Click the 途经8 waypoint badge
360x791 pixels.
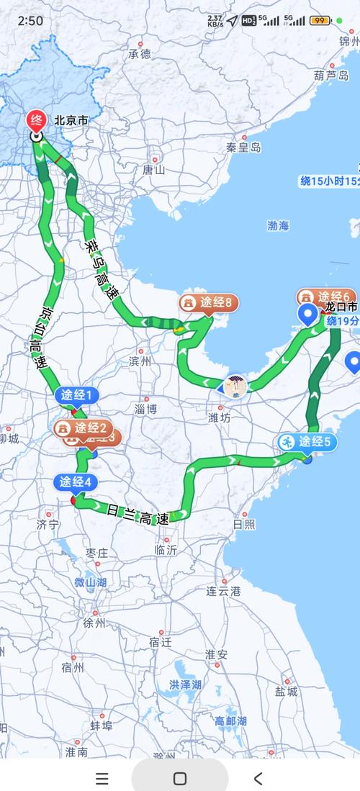(x=210, y=304)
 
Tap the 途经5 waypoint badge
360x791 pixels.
(x=307, y=442)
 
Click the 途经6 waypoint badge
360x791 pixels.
(x=328, y=297)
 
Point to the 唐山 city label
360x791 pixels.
(x=154, y=170)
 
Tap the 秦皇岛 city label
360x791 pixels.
(x=243, y=147)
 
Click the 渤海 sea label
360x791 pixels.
(x=278, y=225)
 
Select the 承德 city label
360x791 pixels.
(x=140, y=53)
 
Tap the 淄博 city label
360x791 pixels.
(x=145, y=408)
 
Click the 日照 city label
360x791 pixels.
(x=243, y=524)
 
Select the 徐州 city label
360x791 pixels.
(x=94, y=623)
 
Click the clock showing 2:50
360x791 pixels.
(x=30, y=21)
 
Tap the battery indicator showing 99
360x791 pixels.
(x=320, y=21)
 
